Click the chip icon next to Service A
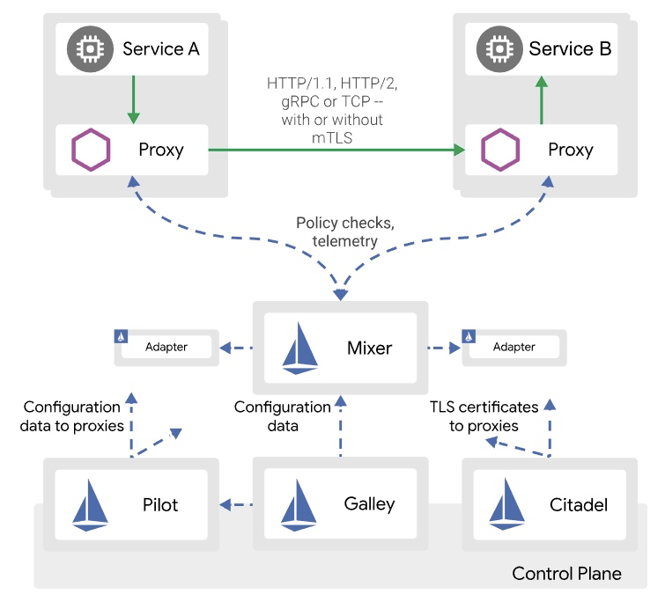[x=89, y=49]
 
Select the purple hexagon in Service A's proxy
[x=91, y=150]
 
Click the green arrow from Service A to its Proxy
[x=133, y=99]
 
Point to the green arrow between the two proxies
[x=336, y=150]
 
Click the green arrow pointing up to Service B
[x=542, y=99]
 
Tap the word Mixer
[x=369, y=348]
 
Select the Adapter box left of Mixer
[x=166, y=347]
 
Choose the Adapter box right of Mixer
[x=514, y=347]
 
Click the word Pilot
[x=160, y=505]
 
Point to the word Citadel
[x=579, y=505]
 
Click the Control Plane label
[x=566, y=574]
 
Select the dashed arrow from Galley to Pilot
[x=236, y=505]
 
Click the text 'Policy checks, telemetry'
[x=344, y=232]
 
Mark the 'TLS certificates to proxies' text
[x=484, y=416]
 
